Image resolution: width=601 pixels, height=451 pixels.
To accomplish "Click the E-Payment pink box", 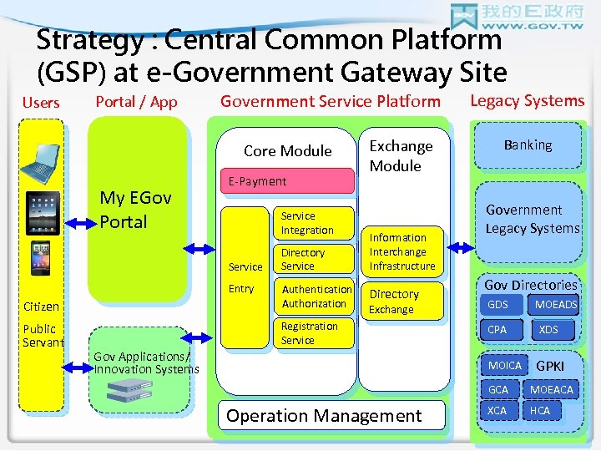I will pos(285,181).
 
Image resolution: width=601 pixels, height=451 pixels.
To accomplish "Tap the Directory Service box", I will pos(314,259).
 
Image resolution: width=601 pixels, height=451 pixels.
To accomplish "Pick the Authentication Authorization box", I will pos(314,296).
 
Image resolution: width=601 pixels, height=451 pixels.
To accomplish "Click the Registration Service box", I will pos(314,333).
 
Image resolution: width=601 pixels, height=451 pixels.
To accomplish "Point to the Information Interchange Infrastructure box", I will pos(403,251).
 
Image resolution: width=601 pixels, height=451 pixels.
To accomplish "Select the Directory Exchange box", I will pos(403,301).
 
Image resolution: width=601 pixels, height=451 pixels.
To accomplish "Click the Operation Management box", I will pos(324,416).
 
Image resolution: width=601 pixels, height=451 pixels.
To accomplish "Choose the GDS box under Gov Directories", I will pos(498,305).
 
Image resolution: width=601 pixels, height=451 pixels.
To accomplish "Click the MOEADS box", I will pos(555,305).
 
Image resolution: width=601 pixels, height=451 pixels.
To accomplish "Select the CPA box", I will pos(498,329).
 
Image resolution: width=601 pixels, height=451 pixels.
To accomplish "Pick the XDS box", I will pos(548,329).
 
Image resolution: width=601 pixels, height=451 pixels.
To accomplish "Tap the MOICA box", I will pos(504,366).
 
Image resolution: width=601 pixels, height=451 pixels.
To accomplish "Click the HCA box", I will pos(542,410).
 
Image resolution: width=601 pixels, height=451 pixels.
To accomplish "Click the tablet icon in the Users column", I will pos(43,212).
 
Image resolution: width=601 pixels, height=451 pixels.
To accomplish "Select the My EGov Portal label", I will pos(135,210).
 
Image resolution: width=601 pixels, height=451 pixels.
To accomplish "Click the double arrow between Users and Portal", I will pos(80,224).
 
